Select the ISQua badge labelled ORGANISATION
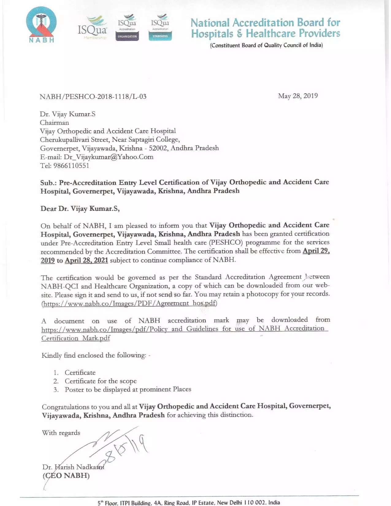(x=127, y=27)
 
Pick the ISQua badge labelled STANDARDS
(x=160, y=27)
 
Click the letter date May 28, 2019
(x=298, y=96)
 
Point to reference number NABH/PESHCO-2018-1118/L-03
(x=93, y=97)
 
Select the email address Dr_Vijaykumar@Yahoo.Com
(x=109, y=157)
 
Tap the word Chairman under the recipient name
(x=54, y=123)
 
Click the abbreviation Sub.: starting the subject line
(x=48, y=183)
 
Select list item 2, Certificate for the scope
(x=100, y=381)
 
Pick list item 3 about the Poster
(x=128, y=389)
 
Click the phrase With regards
(x=61, y=433)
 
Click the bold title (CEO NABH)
(x=66, y=476)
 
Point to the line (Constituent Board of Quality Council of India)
(x=266, y=45)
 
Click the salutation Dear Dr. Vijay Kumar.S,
(x=80, y=209)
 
